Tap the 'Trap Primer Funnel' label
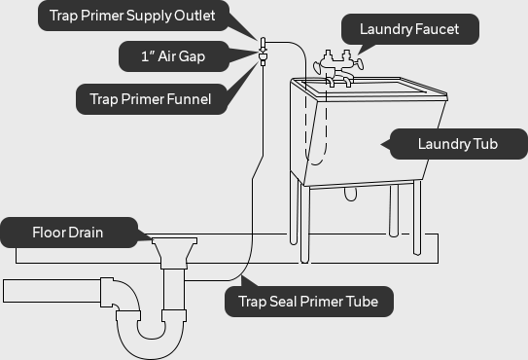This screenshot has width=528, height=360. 151,97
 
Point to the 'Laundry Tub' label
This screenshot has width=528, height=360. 457,144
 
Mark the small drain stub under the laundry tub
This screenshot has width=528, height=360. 350,194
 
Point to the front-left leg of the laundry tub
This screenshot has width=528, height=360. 305,224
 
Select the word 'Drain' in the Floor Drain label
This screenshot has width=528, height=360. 87,234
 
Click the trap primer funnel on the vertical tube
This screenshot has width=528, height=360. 262,57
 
